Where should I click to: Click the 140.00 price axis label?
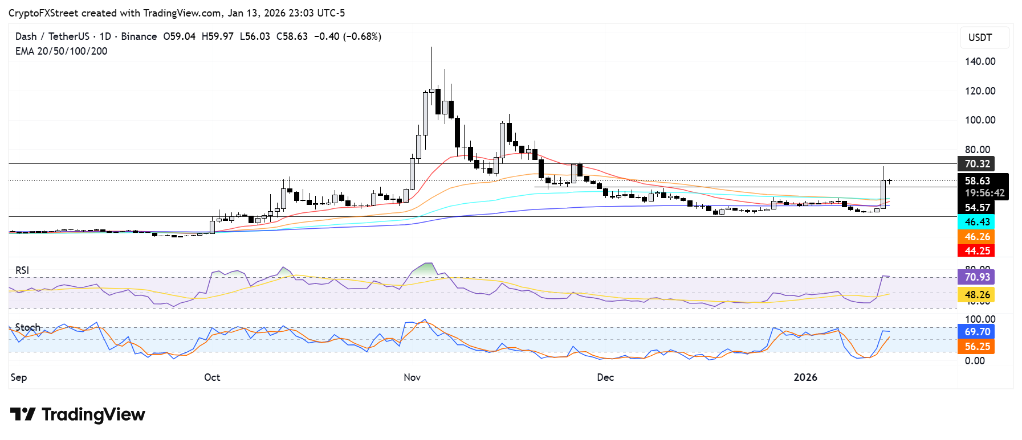980,61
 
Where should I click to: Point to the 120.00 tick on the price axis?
980,91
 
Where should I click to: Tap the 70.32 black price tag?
976,164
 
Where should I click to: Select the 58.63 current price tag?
977,181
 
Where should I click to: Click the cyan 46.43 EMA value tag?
976,222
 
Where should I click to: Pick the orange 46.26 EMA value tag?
976,237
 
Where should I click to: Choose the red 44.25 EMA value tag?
976,251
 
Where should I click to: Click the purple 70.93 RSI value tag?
976,277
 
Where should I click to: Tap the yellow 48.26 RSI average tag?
976,295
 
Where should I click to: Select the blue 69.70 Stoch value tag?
976,332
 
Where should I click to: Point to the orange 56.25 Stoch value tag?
976,347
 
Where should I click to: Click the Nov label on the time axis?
412,377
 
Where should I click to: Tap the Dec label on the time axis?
605,377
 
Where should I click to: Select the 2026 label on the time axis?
805,377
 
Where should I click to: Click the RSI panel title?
22,270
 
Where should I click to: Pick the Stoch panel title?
28,327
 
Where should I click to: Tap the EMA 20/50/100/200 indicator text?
61,51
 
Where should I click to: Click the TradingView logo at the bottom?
78,414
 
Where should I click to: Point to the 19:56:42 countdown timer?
984,194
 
